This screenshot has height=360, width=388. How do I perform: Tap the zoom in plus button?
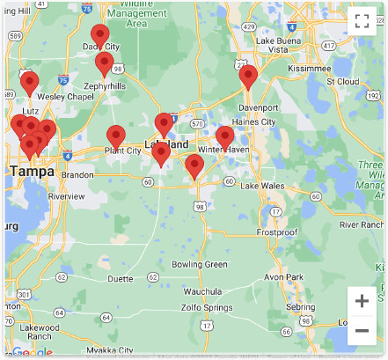362,301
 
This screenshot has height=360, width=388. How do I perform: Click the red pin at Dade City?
100,36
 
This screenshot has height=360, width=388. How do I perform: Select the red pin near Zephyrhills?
105,63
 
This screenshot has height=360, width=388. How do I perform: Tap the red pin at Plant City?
115,136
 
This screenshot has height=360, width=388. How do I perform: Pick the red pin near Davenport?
248,76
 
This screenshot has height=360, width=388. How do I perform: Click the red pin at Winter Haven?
225,137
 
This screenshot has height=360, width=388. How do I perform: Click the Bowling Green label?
199,264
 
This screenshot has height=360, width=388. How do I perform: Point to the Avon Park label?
283,276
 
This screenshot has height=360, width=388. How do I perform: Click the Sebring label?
301,307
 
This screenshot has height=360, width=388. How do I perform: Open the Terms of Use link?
288,356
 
